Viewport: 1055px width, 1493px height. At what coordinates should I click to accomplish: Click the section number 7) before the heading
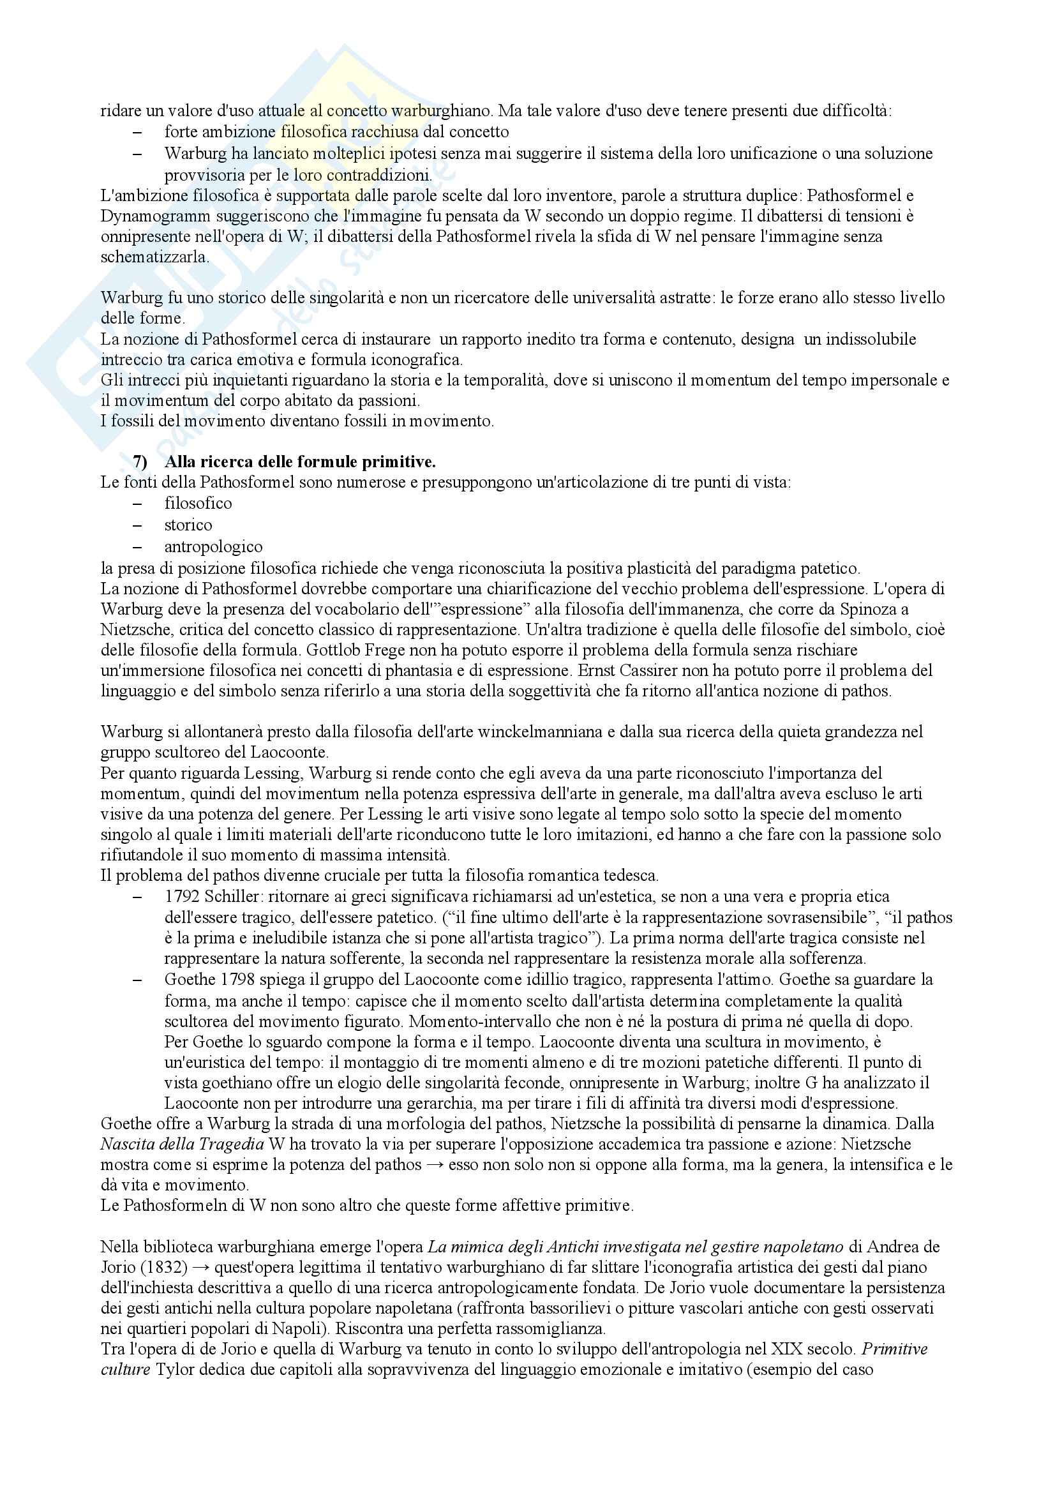tap(140, 462)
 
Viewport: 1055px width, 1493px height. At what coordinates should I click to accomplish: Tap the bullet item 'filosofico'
tap(198, 503)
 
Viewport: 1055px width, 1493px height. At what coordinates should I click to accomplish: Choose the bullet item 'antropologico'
tap(213, 547)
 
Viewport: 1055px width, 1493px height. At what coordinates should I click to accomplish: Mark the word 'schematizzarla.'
tap(154, 257)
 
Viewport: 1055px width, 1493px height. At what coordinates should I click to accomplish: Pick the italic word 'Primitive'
tap(894, 1349)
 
